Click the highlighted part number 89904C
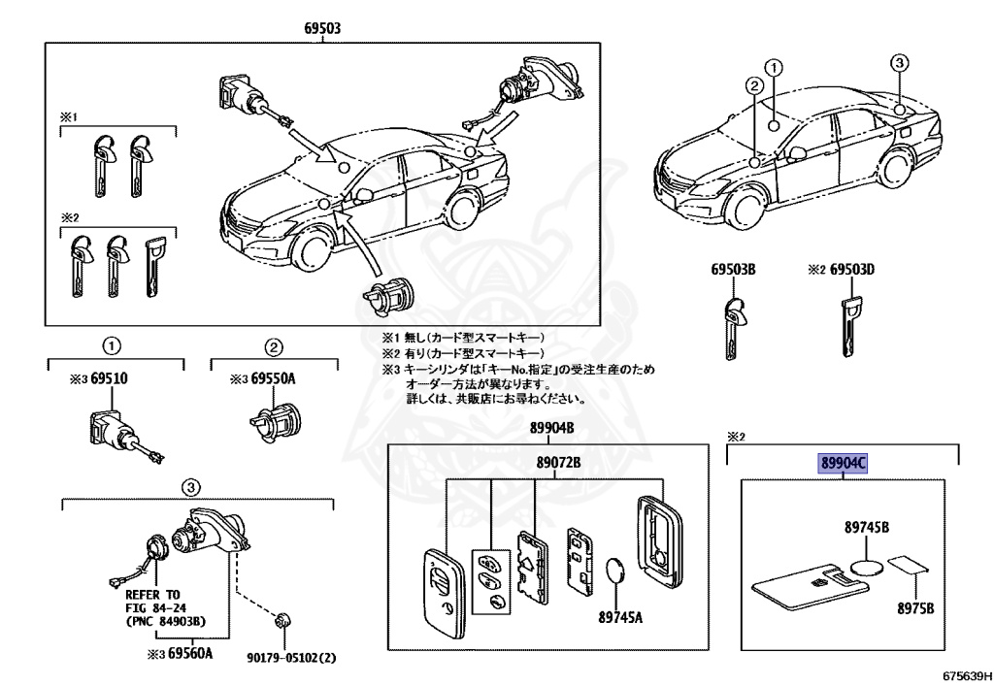[840, 465]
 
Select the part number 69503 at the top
[322, 29]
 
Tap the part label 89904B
[551, 429]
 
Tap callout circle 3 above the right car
[900, 63]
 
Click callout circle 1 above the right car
[774, 67]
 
